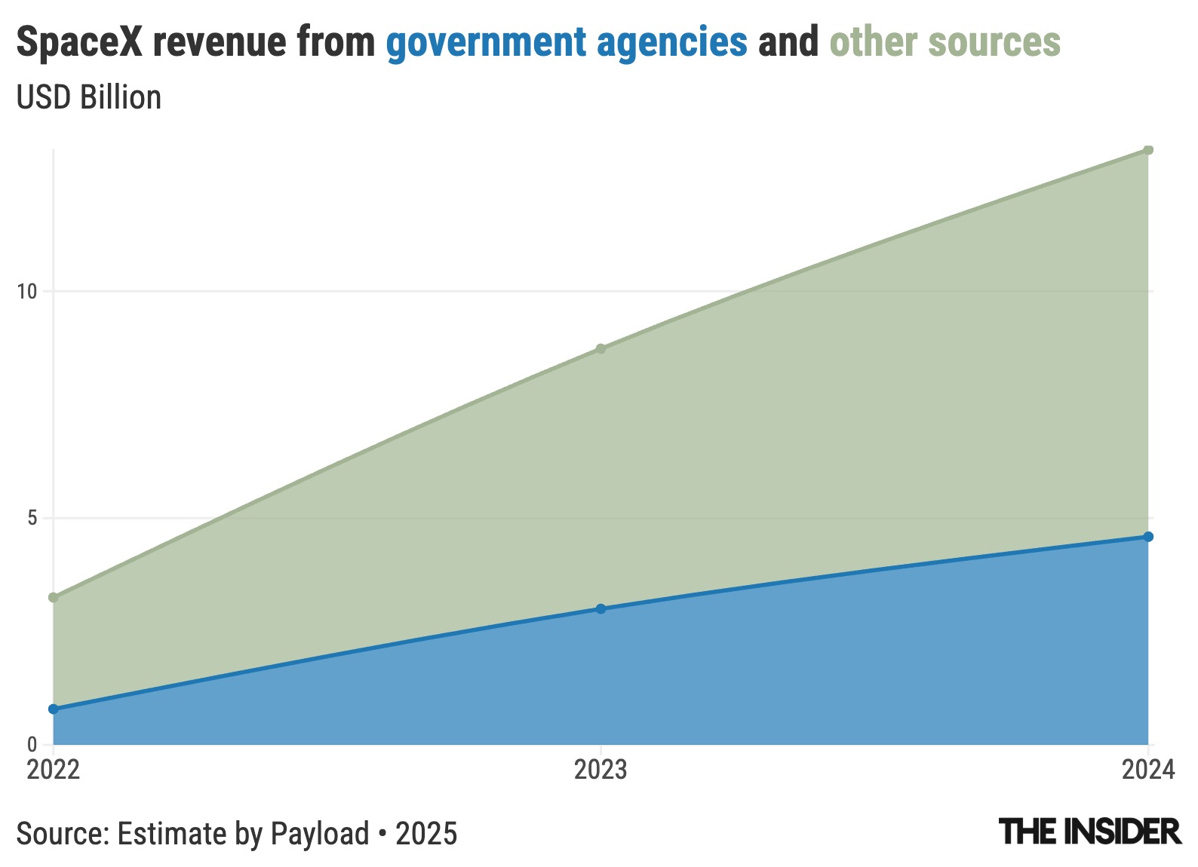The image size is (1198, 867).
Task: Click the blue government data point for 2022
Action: [x=54, y=709]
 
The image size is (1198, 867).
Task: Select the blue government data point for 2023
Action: [x=601, y=608]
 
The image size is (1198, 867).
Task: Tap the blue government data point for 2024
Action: [x=1148, y=537]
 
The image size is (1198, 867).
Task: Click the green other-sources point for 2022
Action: [x=54, y=597]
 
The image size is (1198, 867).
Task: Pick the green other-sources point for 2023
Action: [x=601, y=348]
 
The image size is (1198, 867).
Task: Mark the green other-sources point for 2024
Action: [x=1148, y=149]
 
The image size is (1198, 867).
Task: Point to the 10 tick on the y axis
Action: [x=27, y=291]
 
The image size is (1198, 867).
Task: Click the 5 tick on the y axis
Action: [x=32, y=518]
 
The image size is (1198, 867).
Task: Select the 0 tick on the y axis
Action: [x=32, y=744]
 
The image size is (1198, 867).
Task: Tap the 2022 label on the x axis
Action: [x=54, y=770]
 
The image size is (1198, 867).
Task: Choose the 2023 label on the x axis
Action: [x=601, y=770]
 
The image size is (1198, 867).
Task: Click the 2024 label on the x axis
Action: [x=1148, y=770]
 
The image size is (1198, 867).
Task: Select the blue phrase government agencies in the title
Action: [x=567, y=41]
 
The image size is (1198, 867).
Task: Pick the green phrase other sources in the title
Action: [x=945, y=41]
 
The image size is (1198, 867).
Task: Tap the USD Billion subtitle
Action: [x=89, y=98]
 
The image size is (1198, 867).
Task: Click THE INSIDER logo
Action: [x=1089, y=832]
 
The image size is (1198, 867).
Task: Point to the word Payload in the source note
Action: [x=320, y=834]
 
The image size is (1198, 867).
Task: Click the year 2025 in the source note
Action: [x=426, y=834]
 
